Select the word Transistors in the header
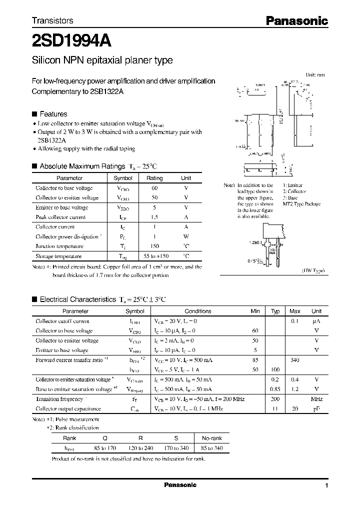point(52,20)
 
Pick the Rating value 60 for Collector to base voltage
point(154,188)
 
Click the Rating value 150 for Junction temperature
point(154,246)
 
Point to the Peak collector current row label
point(60,217)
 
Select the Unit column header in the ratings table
point(186,178)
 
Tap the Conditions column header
point(198,311)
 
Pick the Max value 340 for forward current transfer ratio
point(295,359)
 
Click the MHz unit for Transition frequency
point(316,399)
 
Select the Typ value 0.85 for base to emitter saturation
point(274,389)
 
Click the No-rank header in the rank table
point(211,438)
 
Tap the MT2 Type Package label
point(301,204)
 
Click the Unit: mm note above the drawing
point(315,74)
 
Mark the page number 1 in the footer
point(326,485)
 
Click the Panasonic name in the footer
point(180,485)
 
